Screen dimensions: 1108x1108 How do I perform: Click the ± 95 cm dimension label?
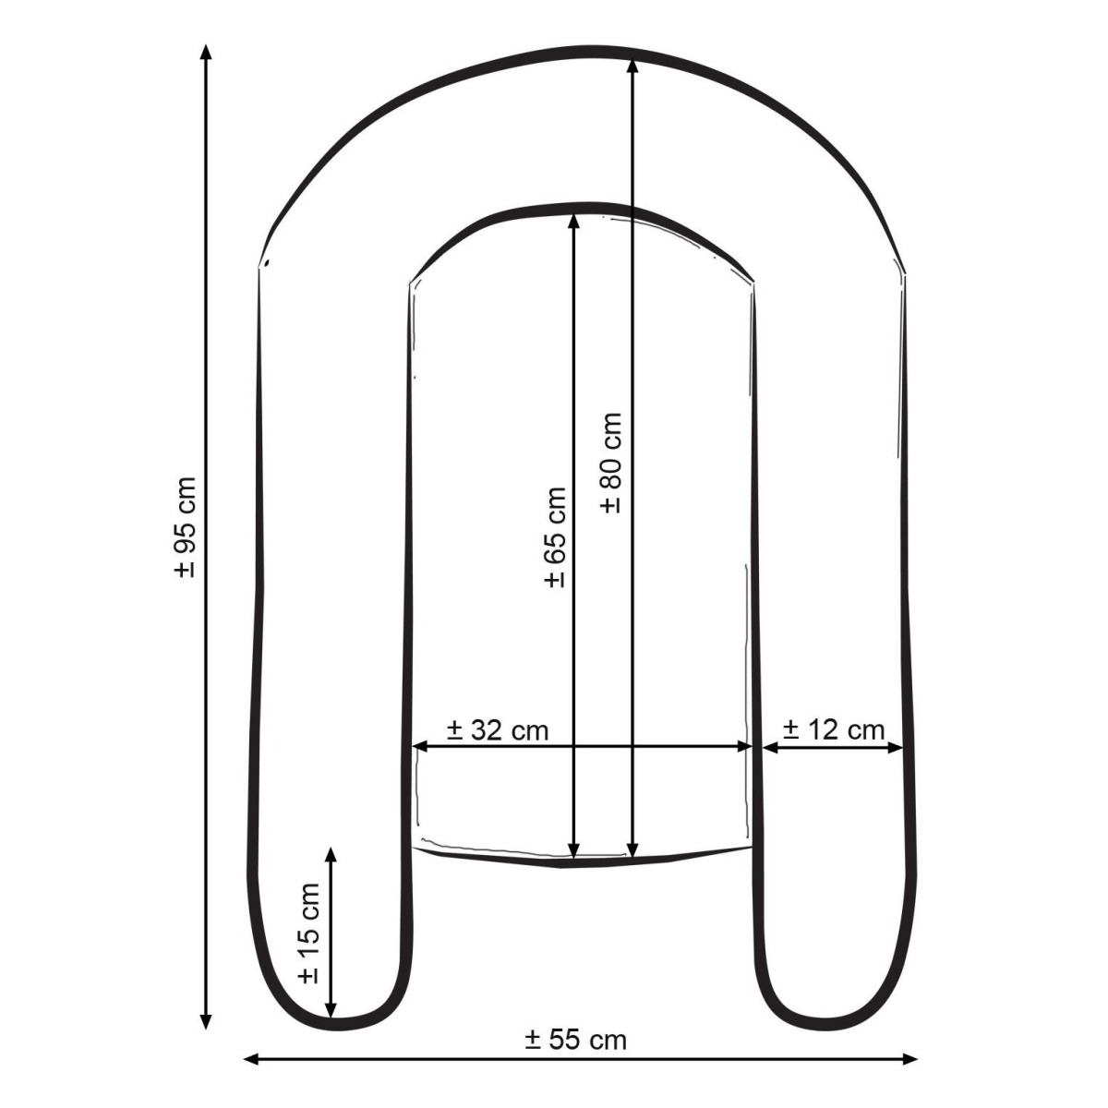[x=186, y=526]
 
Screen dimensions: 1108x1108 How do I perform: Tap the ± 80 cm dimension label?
[x=611, y=463]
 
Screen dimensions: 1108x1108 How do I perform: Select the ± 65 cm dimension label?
[x=556, y=537]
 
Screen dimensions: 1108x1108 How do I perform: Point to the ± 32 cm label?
[x=498, y=730]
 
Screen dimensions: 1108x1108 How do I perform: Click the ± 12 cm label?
[x=834, y=730]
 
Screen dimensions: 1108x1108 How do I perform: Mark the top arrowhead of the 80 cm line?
[x=632, y=65]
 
